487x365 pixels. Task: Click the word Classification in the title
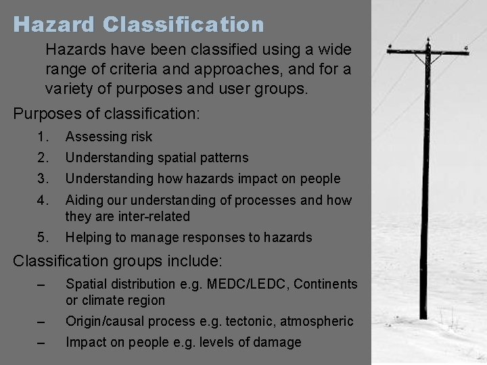point(184,25)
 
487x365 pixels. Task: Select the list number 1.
point(43,137)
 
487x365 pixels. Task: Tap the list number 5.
point(43,237)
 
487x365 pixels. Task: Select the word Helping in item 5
point(88,237)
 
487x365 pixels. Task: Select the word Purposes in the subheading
point(45,112)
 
